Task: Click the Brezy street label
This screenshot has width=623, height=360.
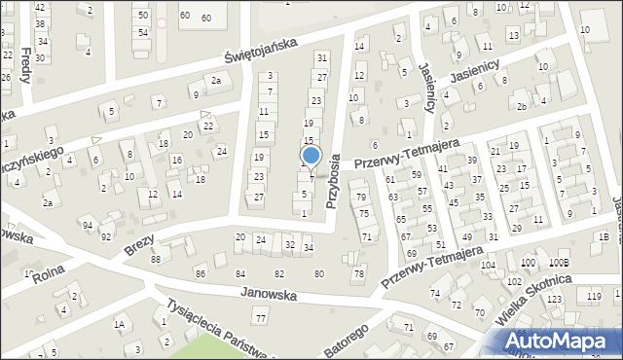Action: click(140, 244)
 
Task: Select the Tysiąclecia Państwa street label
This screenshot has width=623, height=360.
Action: click(219, 326)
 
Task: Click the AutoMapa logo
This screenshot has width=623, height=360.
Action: click(557, 340)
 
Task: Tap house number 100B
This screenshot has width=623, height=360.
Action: click(560, 263)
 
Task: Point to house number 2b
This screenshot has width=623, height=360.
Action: click(523, 106)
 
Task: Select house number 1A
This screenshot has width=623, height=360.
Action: click(119, 324)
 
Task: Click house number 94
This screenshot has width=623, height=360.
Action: click(88, 225)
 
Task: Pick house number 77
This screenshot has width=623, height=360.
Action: click(260, 318)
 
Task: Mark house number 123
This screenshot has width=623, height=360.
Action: click(555, 299)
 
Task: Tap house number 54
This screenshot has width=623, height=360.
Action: click(142, 32)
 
